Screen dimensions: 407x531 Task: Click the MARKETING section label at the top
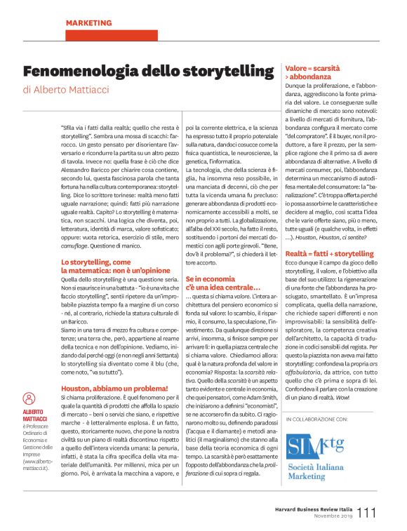tap(89, 23)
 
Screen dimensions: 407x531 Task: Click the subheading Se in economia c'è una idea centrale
tap(222, 284)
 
